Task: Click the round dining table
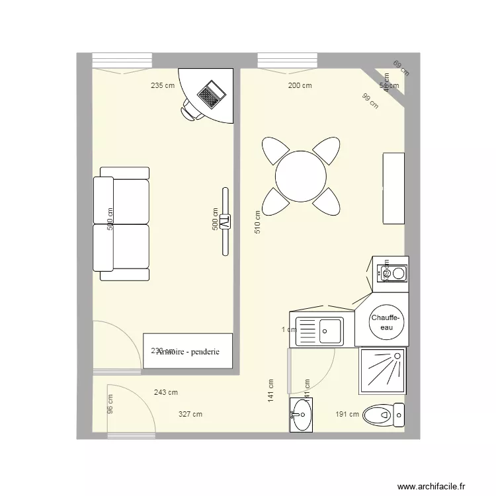coord(301,176)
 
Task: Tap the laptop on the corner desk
coord(212,94)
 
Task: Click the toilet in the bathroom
coord(384,415)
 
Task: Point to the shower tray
coord(382,368)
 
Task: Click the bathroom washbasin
coord(302,415)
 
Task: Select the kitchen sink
coord(319,330)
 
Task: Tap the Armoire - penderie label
coord(188,352)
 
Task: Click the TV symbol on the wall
coord(225,222)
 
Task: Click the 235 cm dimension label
coord(163,85)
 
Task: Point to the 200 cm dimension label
coord(300,85)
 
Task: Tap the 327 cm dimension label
coord(190,414)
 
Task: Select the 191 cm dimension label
coord(347,415)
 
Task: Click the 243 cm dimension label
coord(165,392)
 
